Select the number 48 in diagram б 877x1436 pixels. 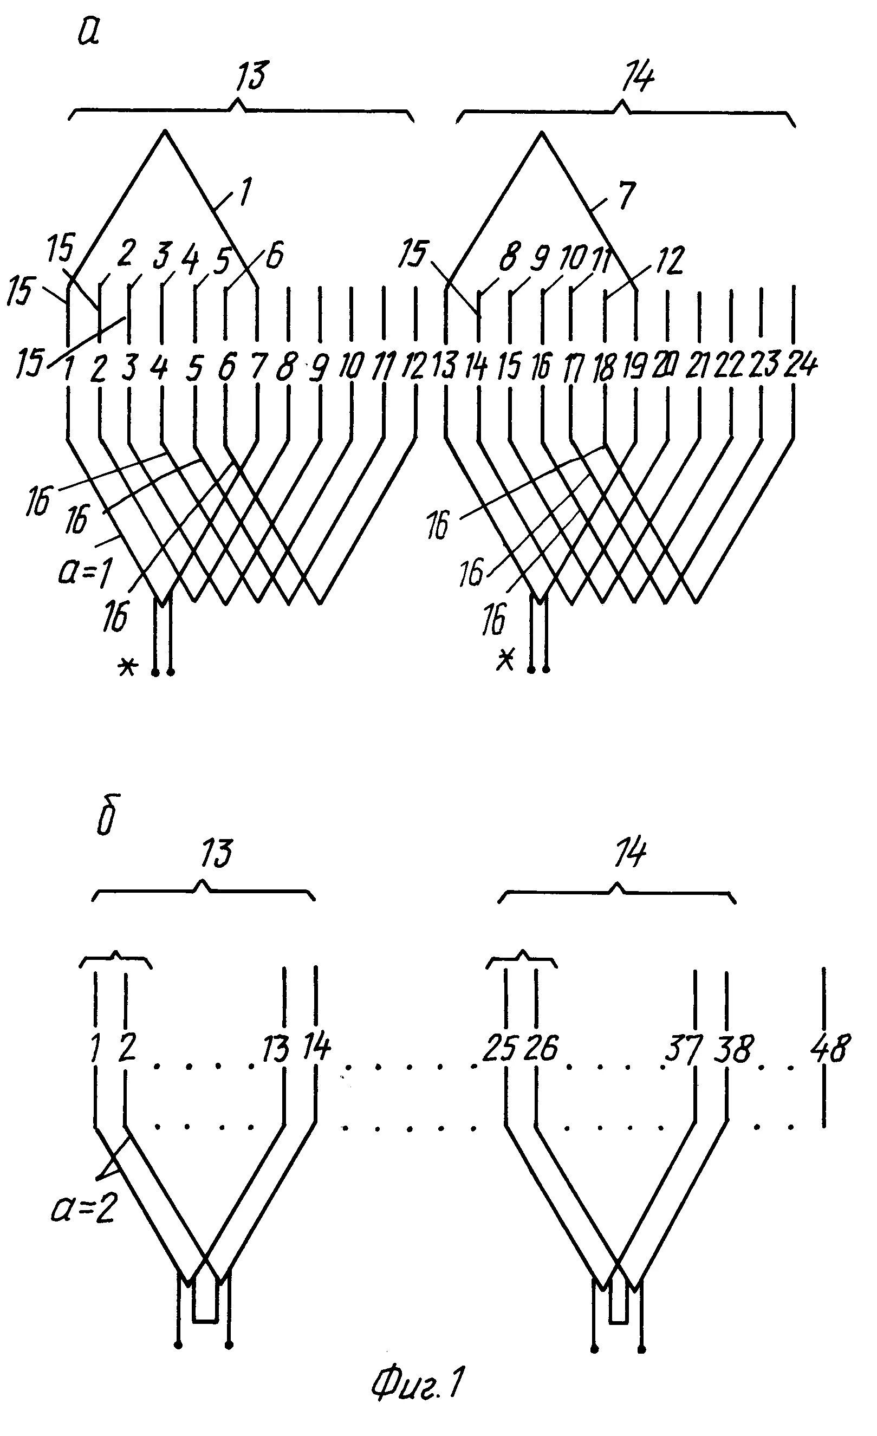tap(830, 1049)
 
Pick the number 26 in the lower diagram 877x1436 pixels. tap(541, 1049)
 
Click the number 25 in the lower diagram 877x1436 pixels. tap(500, 1049)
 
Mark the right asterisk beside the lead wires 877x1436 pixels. tap(505, 660)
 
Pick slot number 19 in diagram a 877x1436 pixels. tap(636, 367)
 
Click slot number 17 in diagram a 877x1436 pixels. tap(574, 368)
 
